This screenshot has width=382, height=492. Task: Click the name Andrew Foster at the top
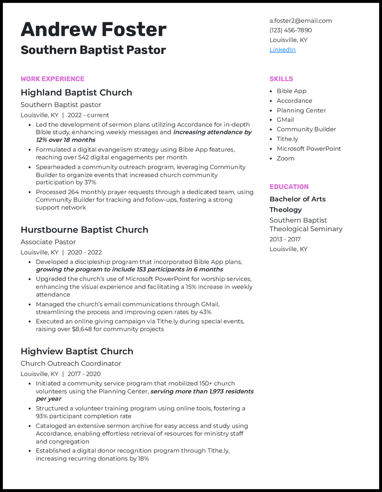click(93, 30)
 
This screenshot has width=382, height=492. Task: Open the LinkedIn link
click(282, 50)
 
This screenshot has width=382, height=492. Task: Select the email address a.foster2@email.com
click(300, 20)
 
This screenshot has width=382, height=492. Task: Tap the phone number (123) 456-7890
click(290, 30)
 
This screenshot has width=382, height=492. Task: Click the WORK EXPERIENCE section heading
click(52, 79)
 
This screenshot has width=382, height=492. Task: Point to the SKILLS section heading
click(281, 79)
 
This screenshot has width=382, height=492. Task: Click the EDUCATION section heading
click(289, 186)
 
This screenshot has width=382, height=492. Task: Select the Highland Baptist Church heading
click(76, 92)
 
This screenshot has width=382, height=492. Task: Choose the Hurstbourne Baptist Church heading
click(84, 229)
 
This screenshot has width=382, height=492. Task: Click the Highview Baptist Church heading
click(76, 351)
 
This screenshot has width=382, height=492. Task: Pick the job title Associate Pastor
click(48, 242)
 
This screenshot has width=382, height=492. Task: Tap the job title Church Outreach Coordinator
click(71, 363)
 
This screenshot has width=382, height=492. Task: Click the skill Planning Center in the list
click(301, 110)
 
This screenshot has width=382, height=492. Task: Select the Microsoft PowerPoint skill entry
click(308, 148)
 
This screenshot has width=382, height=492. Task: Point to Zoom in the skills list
click(285, 158)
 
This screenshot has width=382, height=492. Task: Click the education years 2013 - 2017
click(285, 239)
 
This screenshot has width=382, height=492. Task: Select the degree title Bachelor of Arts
click(297, 199)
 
